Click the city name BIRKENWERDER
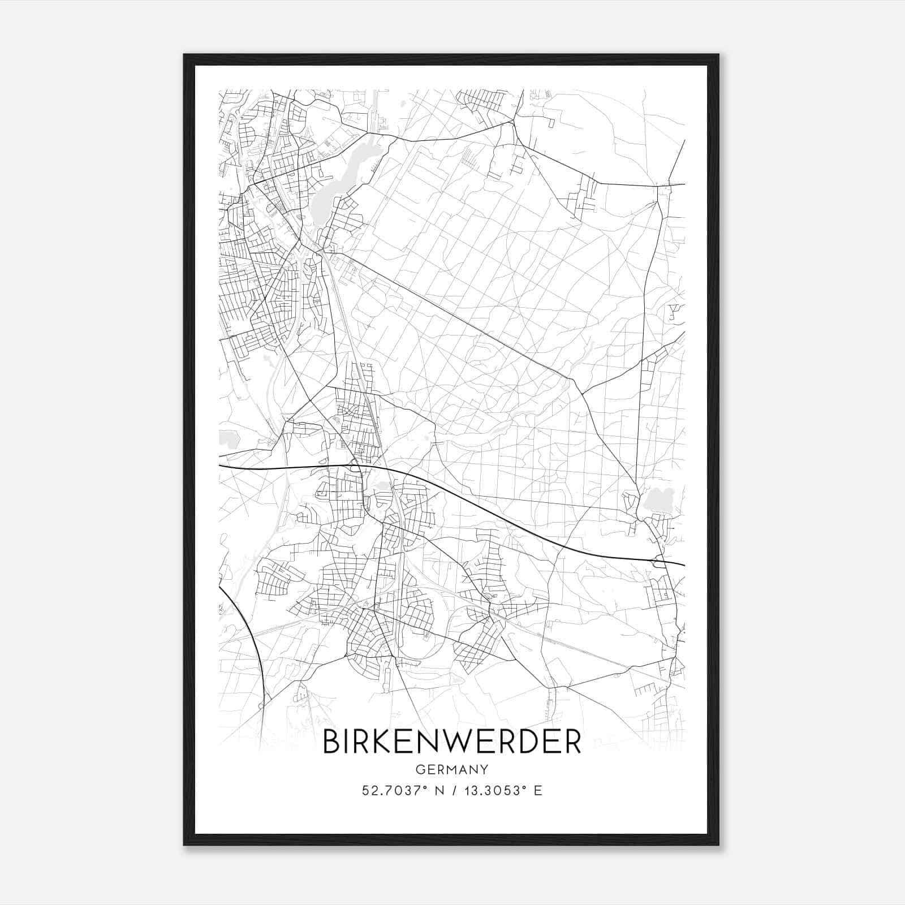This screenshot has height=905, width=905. (452, 742)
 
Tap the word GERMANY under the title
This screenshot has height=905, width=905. (452, 770)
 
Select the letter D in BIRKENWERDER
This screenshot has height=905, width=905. (527, 742)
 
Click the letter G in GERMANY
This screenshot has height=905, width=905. (420, 770)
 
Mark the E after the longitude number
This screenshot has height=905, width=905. (538, 791)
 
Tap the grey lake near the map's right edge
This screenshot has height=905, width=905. (656, 501)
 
